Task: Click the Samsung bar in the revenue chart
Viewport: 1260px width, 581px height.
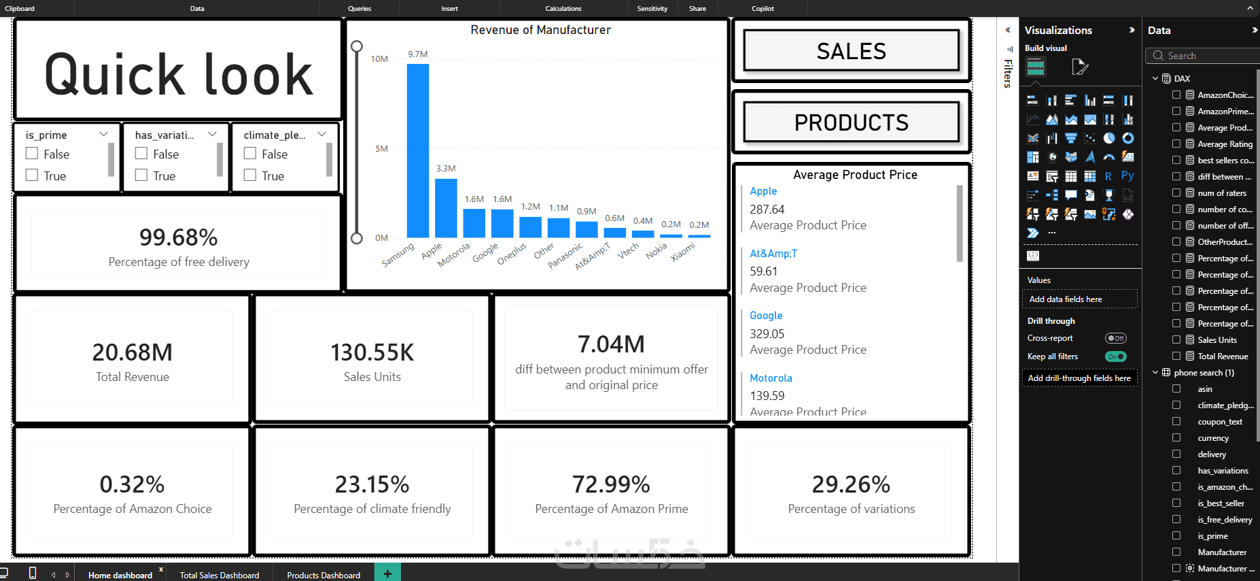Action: (418, 150)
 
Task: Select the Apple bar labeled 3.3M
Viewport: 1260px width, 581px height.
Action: (446, 208)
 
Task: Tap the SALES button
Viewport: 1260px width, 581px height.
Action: (851, 51)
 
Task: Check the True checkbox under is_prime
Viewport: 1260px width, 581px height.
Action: (32, 175)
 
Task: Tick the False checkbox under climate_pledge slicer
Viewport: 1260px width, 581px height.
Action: (250, 153)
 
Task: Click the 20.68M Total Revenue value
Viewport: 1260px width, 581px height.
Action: (133, 352)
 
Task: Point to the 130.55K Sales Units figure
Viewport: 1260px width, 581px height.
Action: (372, 352)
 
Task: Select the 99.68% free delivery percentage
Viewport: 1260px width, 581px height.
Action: (179, 237)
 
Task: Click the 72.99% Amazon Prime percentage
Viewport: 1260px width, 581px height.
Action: (612, 484)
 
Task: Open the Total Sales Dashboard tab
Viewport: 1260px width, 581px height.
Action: (220, 575)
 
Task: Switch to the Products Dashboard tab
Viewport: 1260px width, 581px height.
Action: (323, 575)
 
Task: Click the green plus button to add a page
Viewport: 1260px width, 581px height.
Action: (387, 574)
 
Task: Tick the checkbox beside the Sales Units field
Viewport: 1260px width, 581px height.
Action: (1176, 339)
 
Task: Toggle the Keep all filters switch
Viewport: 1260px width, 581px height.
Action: (1116, 356)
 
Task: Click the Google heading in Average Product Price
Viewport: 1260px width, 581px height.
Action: (766, 316)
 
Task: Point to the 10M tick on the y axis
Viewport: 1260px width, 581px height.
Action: (379, 59)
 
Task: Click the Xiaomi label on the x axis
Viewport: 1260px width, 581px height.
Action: (683, 252)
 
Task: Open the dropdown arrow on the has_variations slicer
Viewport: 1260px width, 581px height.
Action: (213, 134)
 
